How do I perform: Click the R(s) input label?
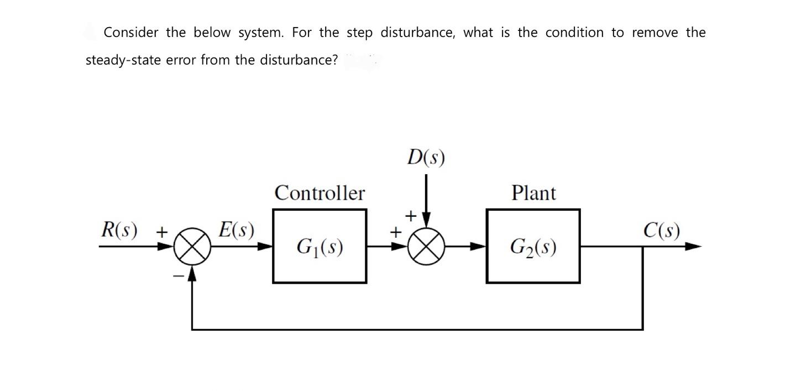119,230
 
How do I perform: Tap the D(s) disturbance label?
426,158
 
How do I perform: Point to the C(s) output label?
662,230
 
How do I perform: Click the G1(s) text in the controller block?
320,246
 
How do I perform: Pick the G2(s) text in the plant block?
533,246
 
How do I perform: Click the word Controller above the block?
320,193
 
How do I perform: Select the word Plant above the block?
533,193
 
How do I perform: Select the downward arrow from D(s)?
426,199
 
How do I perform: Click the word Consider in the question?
130,33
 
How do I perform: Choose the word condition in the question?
574,33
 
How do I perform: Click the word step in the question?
359,33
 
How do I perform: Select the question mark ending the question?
334,60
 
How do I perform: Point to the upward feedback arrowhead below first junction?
191,272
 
